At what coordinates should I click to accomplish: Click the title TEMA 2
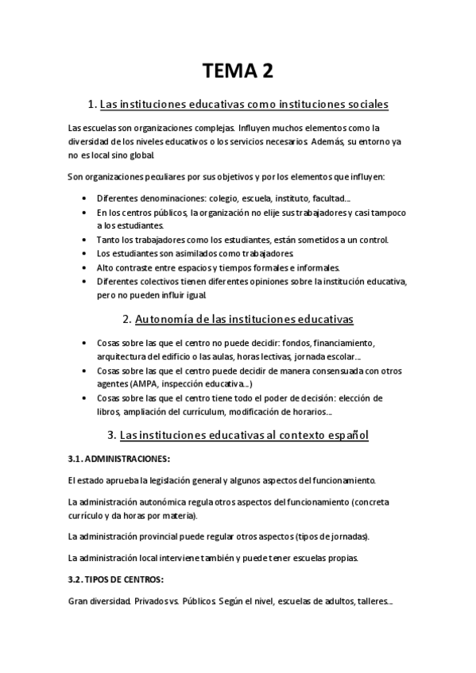point(238,71)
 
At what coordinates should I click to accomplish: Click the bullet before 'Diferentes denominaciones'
point(85,198)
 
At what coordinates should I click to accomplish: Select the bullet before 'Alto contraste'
point(85,267)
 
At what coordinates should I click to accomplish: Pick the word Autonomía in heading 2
point(167,320)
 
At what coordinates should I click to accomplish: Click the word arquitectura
point(122,356)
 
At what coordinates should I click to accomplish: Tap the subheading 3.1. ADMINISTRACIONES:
point(120,459)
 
